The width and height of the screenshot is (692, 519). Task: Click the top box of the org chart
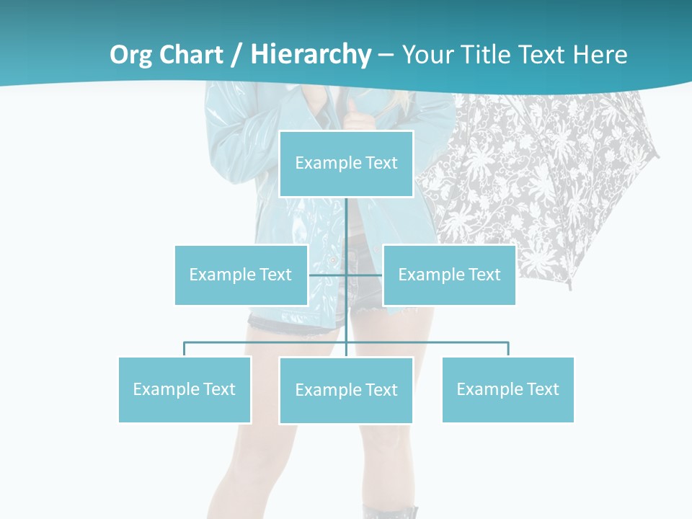(346, 164)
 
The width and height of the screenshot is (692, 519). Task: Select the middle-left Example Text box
(241, 275)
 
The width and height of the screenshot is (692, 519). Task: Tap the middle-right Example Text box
(449, 275)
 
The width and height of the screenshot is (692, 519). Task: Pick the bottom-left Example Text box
(185, 389)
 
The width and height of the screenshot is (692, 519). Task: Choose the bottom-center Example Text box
(346, 390)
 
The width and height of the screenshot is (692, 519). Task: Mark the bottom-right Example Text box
(507, 389)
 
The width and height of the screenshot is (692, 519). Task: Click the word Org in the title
(130, 55)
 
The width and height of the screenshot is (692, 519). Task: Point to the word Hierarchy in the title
(311, 55)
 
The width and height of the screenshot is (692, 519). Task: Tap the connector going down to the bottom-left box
(185, 349)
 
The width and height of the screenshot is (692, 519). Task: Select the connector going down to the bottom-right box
(508, 349)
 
